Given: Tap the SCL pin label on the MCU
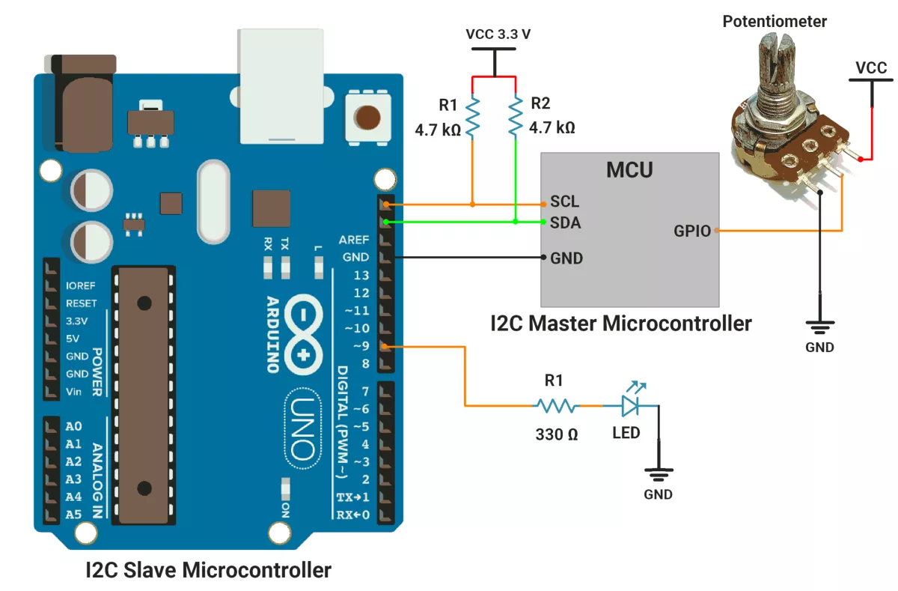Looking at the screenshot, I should coord(565,203).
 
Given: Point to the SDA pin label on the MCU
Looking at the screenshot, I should coord(566,222).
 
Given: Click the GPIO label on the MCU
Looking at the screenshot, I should coord(692,231).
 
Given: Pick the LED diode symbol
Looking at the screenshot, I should coord(631,405).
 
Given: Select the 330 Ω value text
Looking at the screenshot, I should coord(557,434).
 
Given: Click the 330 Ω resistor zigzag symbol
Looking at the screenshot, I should coord(555,406).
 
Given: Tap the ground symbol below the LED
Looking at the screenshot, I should coord(659,474).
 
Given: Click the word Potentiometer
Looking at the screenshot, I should coord(775,21).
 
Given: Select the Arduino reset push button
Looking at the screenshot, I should coord(367,118).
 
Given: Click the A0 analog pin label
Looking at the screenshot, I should coord(73,426).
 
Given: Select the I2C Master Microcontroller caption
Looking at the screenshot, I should coord(621,324).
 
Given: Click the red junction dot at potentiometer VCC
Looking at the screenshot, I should coord(861,159).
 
